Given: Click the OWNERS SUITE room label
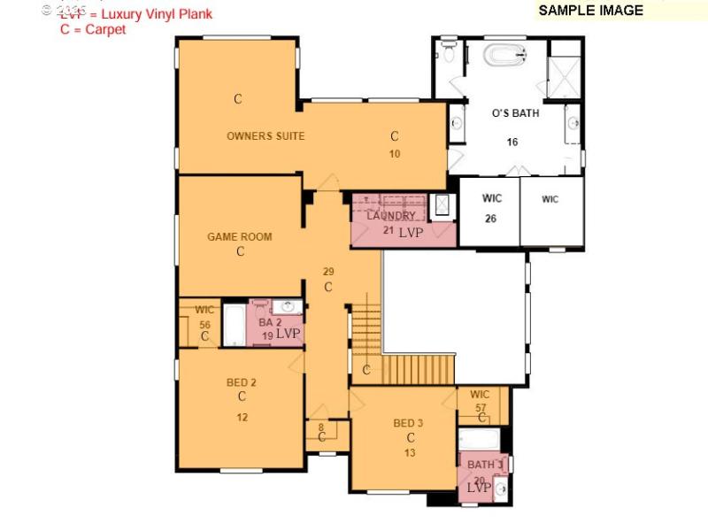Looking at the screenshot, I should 265,136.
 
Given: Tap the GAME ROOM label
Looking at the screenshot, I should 239,236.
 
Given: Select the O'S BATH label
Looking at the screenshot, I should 516,113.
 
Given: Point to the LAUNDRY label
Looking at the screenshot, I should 391,216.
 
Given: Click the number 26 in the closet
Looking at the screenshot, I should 489,217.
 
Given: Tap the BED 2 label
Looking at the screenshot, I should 241,383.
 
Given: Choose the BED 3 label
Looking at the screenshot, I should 408,423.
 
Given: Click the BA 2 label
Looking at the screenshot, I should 270,323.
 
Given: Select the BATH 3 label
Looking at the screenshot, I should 485,465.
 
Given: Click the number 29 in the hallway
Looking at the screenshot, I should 327,272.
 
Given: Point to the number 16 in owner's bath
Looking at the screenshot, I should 512,142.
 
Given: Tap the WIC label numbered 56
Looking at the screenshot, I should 204,311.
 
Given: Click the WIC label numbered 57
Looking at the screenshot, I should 480,395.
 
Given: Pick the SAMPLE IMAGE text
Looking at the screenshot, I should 590,11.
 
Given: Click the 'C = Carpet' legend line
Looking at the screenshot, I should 93,29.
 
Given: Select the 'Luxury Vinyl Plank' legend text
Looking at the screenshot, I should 157,14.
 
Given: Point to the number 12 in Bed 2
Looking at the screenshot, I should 242,416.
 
